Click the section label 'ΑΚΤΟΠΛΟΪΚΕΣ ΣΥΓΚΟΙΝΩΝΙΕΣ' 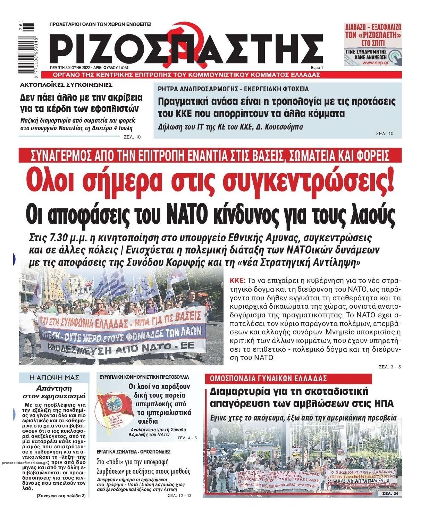pyautogui.click(x=66, y=84)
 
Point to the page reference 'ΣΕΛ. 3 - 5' pyautogui.click(x=389, y=367)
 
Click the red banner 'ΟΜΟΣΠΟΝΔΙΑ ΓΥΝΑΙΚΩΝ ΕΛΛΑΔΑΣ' pyautogui.click(x=266, y=378)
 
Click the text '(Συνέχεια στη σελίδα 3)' pyautogui.click(x=61, y=496)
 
